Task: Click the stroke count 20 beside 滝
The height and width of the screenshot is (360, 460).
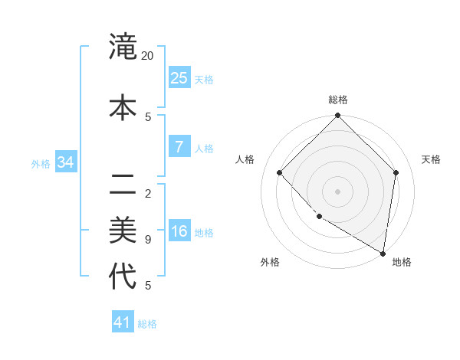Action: (x=148, y=56)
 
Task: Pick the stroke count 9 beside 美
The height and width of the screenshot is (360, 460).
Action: (x=148, y=240)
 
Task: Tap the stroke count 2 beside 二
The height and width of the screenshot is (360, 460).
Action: (x=148, y=194)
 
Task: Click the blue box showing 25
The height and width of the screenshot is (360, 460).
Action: (x=179, y=77)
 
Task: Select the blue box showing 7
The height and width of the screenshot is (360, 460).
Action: (x=179, y=146)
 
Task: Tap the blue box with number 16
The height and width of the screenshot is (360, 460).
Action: (x=179, y=231)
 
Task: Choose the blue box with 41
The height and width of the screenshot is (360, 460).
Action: (x=123, y=322)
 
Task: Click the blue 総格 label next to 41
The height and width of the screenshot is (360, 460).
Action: (x=147, y=324)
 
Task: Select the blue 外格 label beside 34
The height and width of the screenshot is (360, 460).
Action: (x=41, y=163)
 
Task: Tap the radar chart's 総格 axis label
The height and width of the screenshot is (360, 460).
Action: (x=338, y=100)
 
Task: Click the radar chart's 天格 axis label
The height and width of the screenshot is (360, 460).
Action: (x=431, y=159)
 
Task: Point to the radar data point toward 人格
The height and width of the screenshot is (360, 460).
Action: (x=280, y=172)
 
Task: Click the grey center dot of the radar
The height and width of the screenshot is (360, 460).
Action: (x=338, y=191)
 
